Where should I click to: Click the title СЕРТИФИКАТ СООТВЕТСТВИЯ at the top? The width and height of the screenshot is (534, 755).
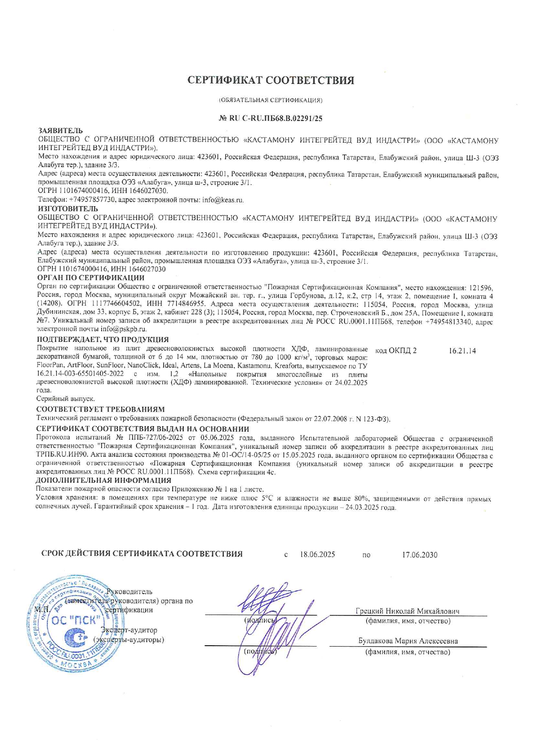coord(271,80)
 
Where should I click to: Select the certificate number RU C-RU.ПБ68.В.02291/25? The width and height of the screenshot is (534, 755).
coord(275,118)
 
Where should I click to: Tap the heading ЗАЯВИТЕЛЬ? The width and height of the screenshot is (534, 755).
coord(61,130)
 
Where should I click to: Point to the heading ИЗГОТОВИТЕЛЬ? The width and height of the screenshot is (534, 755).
coord(68,209)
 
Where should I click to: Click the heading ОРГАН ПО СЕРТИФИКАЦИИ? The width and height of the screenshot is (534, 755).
coord(91,278)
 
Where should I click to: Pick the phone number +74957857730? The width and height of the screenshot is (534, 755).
coord(92,200)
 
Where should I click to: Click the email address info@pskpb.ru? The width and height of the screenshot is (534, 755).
coord(124,329)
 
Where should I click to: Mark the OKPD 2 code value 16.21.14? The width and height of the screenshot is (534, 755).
coord(462,351)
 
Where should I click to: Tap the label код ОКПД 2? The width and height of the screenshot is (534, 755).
coord(396,351)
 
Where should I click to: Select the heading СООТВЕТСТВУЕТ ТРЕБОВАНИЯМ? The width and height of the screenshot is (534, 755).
coord(100,409)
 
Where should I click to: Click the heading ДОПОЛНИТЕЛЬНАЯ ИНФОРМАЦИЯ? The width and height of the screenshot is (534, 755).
coord(103,480)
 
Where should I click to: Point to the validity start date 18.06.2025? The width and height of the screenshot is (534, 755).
coord(317,555)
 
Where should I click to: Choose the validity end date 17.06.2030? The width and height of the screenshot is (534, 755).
coord(419,555)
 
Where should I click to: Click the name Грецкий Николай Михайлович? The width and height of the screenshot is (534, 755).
coord(407,611)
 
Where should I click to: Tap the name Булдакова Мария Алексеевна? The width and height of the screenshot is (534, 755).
coord(408,641)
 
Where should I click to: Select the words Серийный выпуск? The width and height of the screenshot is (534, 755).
coord(65,399)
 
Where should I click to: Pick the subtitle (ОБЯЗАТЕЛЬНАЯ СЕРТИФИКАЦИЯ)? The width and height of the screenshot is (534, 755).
coord(271,100)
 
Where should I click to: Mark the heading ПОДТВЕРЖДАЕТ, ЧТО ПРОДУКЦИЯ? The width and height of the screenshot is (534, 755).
coord(102,340)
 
